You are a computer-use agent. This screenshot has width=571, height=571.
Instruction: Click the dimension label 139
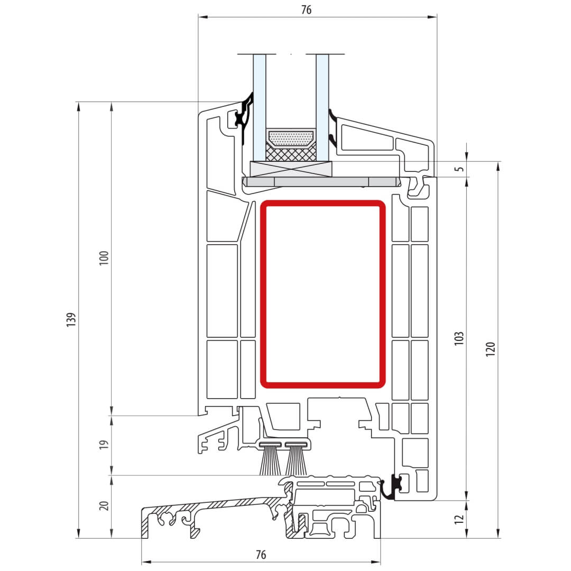click(x=71, y=319)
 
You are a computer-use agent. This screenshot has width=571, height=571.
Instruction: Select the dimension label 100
click(x=104, y=258)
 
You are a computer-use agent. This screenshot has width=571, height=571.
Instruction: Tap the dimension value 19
click(x=104, y=445)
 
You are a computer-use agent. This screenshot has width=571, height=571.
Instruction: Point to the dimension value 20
click(x=104, y=505)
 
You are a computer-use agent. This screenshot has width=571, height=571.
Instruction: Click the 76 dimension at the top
click(x=306, y=10)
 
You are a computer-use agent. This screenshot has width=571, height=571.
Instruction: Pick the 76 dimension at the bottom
click(x=261, y=555)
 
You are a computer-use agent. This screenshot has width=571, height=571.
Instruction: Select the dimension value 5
click(x=460, y=169)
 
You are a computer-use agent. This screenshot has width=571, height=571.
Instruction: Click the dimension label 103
click(x=459, y=338)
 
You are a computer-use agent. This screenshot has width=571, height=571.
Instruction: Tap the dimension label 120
click(x=491, y=349)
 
